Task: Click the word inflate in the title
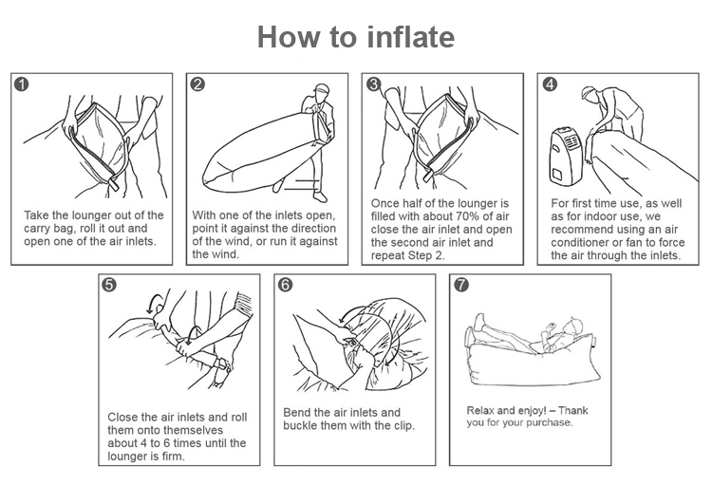coord(410,36)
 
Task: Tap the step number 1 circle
coord(21,84)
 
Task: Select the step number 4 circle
coord(550,84)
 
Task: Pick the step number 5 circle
coord(109,285)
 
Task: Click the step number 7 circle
coord(460,285)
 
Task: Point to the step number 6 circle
coord(285,285)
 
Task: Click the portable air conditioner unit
coord(566,156)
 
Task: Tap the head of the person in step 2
coord(321,91)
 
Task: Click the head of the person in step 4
coord(589,94)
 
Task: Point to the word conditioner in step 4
coord(580,243)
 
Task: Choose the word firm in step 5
coord(174,456)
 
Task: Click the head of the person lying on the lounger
coord(573,326)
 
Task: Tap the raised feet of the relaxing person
coord(478,321)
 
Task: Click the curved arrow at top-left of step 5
coord(155,302)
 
